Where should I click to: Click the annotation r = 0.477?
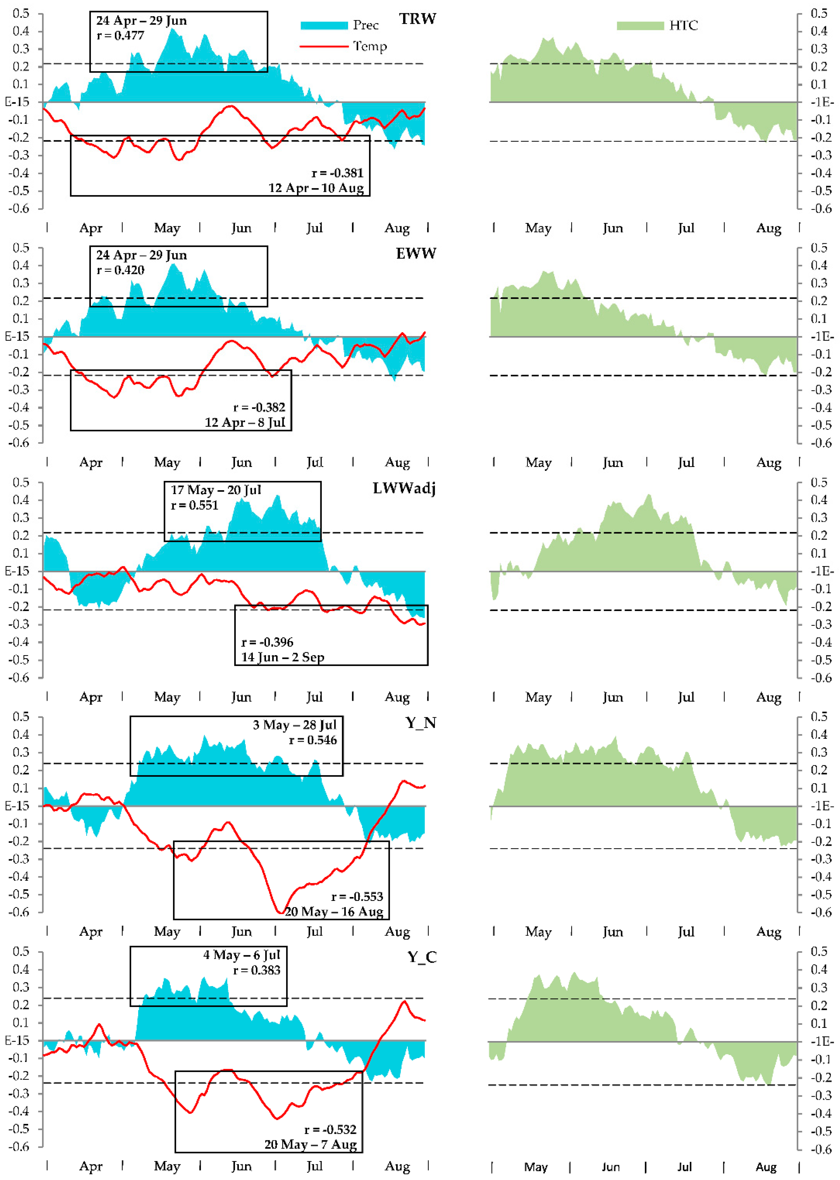coord(121,35)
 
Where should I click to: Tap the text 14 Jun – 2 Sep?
coord(283,657)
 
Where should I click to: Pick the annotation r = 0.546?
coord(312,740)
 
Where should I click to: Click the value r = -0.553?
coord(357,896)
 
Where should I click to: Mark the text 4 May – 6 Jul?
coord(242,955)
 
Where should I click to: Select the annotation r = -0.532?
coord(330,1129)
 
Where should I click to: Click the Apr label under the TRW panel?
coord(91,228)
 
